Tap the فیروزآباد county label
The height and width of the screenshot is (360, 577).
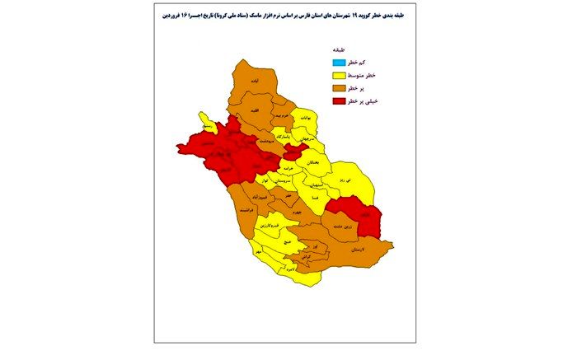pyautogui.click(x=256, y=199)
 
